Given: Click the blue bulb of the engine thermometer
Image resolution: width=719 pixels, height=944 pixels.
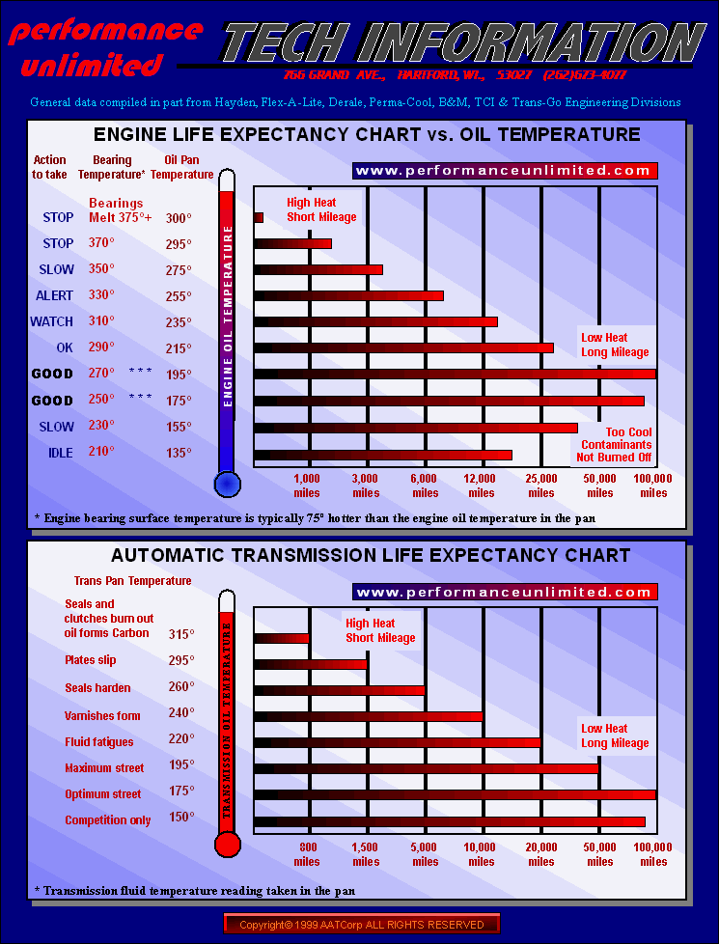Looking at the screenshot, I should point(227,483).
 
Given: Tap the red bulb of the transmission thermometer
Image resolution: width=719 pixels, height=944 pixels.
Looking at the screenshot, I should point(227,845).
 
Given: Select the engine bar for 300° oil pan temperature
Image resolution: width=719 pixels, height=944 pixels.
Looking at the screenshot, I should point(259,217).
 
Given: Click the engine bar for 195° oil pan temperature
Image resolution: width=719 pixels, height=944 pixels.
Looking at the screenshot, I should point(455,374).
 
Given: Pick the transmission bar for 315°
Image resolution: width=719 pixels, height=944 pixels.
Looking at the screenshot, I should point(281,637).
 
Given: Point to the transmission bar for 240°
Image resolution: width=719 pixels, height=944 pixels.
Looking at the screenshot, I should point(368,716).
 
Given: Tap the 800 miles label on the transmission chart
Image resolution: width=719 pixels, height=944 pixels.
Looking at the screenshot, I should point(307,854).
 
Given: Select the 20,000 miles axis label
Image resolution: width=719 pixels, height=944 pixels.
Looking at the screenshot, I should point(541,854).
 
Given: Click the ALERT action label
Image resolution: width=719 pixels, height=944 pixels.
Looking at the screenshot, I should point(55,295).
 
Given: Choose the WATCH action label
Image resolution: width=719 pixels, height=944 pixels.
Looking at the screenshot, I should point(52,321).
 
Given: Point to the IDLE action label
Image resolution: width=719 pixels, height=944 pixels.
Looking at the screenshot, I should point(60,453).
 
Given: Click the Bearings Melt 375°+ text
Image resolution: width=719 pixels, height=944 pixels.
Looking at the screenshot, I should point(120,210).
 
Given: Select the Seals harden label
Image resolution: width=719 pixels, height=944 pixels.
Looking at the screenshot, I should point(97,688).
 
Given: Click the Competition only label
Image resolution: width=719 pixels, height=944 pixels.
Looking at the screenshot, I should point(108,820).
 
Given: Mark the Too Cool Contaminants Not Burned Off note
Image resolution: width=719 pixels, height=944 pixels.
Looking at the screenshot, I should point(614,445).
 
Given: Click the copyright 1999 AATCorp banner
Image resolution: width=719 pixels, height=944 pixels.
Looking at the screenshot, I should point(362,925).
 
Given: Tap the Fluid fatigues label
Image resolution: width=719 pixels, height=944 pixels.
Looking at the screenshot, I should point(99,741).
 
